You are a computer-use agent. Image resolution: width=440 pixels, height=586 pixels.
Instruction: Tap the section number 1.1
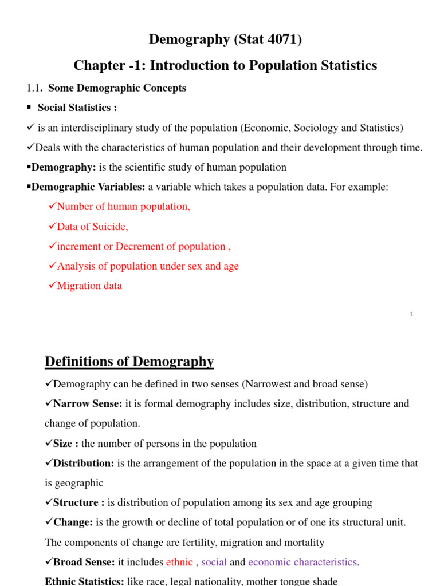pos(34,88)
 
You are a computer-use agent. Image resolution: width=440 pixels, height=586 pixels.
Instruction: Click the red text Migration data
pos(89,286)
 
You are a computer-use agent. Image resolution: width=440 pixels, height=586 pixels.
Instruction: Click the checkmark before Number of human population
pos(52,207)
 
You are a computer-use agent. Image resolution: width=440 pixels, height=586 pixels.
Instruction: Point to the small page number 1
pos(411,314)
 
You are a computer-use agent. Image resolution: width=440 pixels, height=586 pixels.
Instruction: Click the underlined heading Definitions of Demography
pos(129,362)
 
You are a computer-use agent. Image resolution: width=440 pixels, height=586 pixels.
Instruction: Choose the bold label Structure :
pos(78,503)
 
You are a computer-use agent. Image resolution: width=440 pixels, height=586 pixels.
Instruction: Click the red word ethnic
pos(179,562)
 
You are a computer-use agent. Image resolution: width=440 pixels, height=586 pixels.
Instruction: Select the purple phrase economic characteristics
pos(302,562)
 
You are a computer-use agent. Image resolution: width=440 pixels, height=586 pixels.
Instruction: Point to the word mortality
pos(304,543)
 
